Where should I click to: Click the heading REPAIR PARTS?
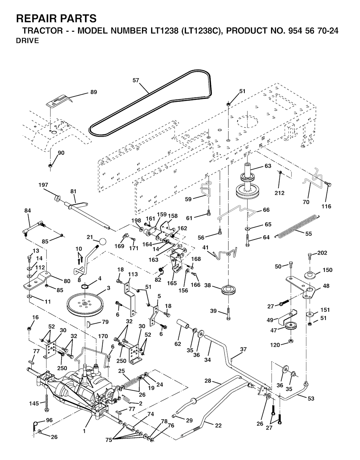56,18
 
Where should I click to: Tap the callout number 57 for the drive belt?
136,80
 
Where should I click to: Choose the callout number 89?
94,92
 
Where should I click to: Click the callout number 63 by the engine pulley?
268,166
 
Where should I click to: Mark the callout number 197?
44,185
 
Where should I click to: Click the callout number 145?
34,403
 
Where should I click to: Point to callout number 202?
322,253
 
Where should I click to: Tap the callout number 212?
279,193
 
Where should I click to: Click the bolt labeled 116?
329,184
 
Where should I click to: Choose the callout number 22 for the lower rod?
218,425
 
